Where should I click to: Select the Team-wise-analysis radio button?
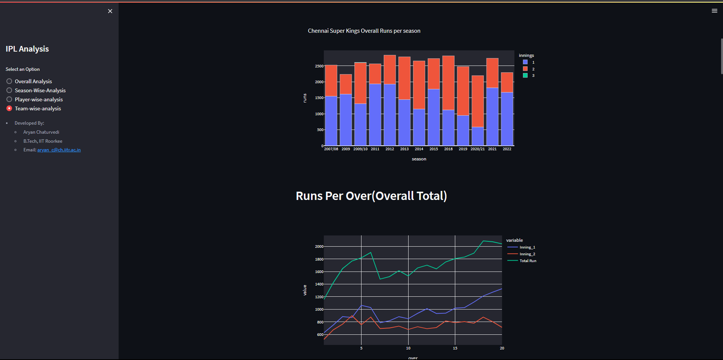coord(9,108)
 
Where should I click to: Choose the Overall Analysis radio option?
coord(9,81)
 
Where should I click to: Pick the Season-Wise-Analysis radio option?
coord(9,90)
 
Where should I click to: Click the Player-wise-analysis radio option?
coord(9,99)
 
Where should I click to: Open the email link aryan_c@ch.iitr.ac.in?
coord(59,150)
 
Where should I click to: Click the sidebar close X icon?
coord(110,11)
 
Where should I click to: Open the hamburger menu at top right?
coord(714,11)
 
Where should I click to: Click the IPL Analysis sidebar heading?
coord(27,49)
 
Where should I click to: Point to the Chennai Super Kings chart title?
coord(364,31)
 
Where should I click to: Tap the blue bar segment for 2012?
coord(390,115)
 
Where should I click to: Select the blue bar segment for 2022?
coord(507,119)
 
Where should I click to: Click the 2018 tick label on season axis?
coord(448,149)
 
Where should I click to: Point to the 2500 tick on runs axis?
coord(319,66)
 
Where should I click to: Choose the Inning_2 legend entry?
coord(527,254)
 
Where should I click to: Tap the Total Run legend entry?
coord(528,261)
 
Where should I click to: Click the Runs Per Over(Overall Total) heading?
coord(371,196)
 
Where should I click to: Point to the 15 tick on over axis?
coord(455,348)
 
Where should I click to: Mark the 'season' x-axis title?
coord(419,159)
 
